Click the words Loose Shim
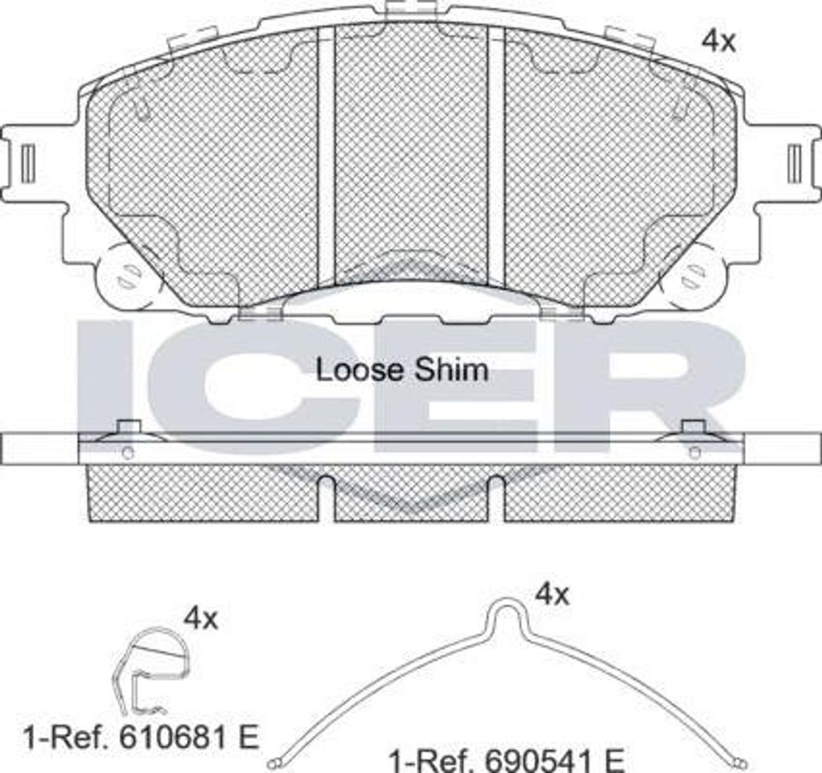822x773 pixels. click(x=401, y=370)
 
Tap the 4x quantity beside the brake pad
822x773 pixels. click(x=718, y=41)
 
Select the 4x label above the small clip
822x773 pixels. click(x=201, y=618)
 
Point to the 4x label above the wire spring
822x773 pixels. click(x=551, y=595)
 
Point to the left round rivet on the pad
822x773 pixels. click(x=125, y=274)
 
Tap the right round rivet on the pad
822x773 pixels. click(x=692, y=274)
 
